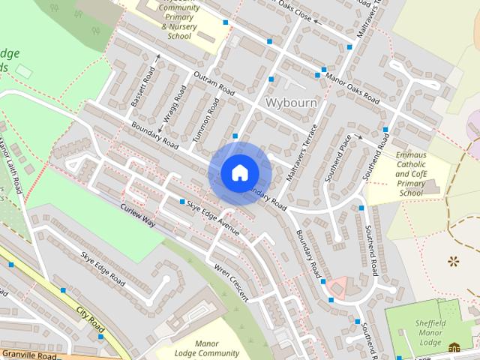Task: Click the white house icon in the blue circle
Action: point(239,172)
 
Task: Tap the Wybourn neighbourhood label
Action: point(292,101)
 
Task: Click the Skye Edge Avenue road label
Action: point(213,218)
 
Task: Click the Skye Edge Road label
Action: point(103,268)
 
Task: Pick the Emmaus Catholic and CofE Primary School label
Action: point(411,174)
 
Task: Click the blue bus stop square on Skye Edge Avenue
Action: point(182,202)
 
